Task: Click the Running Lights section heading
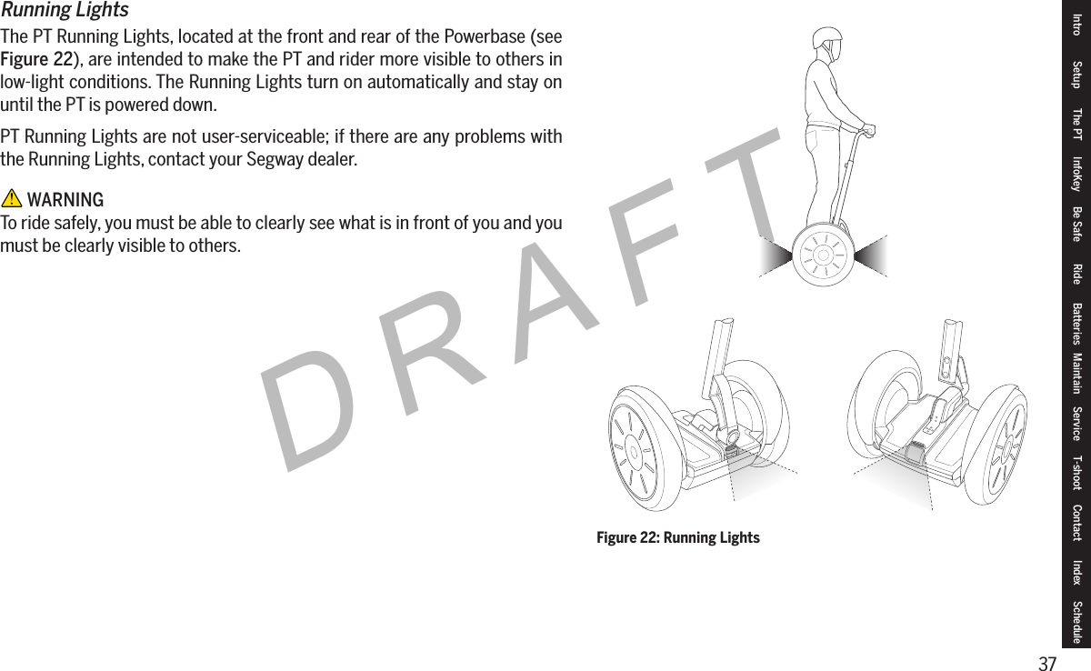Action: pos(65,10)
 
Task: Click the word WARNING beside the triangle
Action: pos(65,200)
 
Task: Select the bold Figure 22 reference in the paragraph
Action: pos(36,60)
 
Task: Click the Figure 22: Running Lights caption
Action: pos(677,538)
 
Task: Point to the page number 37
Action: pos(1047,663)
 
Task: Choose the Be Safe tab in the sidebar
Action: pos(1077,224)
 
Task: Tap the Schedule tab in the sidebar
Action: pos(1077,622)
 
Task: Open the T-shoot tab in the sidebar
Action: pos(1077,473)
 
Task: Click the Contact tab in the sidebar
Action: pos(1077,523)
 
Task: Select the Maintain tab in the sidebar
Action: pos(1077,376)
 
